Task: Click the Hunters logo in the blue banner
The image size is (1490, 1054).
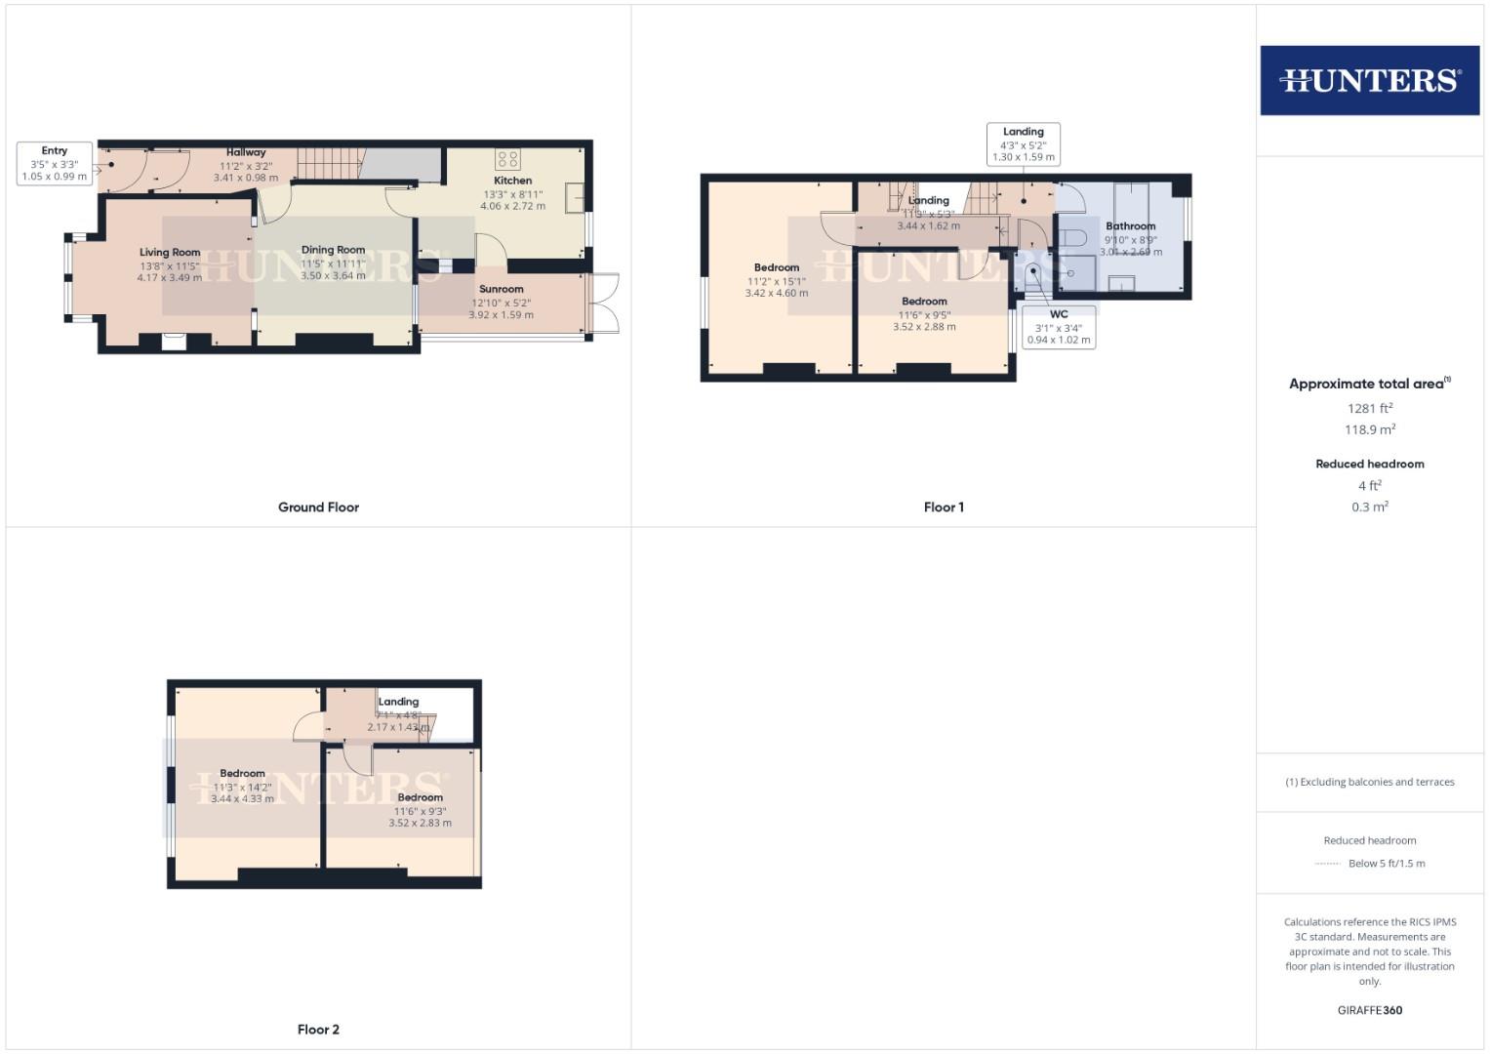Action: (1369, 80)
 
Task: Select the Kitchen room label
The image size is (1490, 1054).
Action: (512, 181)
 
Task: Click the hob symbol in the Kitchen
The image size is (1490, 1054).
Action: (507, 159)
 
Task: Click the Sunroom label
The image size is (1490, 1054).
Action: (501, 289)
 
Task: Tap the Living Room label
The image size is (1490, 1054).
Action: (170, 252)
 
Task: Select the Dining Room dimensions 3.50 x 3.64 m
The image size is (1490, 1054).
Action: (333, 276)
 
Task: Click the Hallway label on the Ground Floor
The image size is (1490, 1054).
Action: (246, 152)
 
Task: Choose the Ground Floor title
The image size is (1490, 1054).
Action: (318, 507)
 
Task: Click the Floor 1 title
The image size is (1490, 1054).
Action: (944, 507)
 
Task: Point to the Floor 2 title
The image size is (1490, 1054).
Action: (318, 1030)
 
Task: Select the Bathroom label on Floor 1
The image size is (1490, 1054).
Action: (1130, 226)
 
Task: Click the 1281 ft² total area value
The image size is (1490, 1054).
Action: (1369, 409)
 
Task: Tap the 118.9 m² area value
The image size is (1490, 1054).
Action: (1369, 430)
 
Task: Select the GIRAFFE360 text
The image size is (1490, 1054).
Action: (1369, 1010)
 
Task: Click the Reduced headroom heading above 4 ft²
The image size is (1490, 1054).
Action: (1369, 464)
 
